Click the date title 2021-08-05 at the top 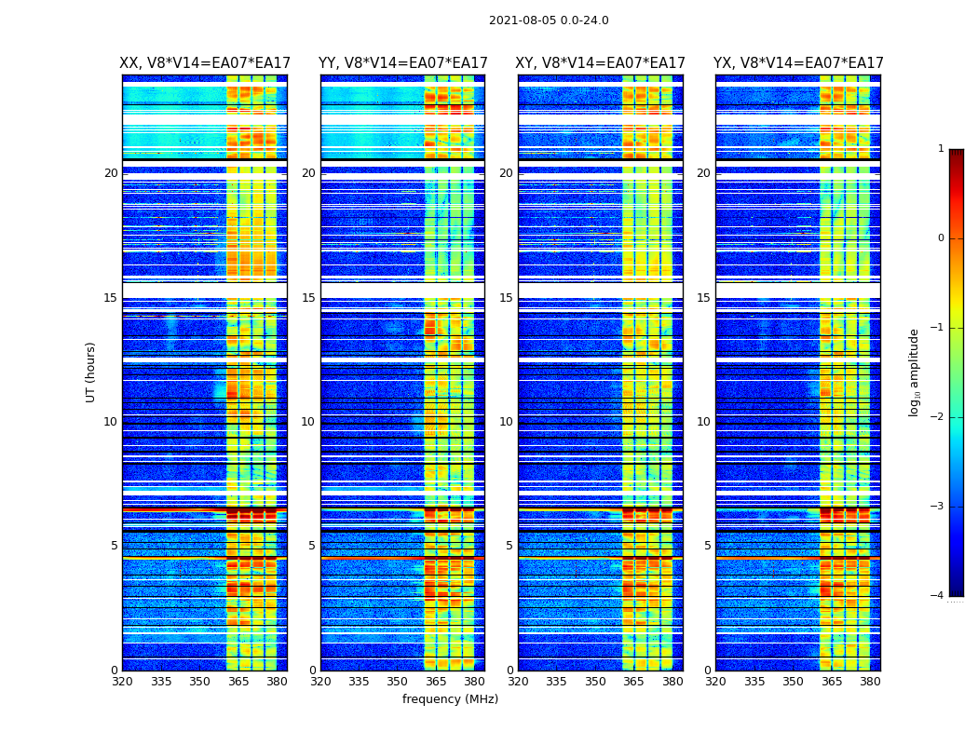tap(549, 20)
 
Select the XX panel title tap(204, 63)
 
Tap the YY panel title tap(402, 63)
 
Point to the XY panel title tap(600, 63)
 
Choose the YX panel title tap(798, 63)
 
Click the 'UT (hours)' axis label tap(90, 372)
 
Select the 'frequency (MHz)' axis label tap(450, 699)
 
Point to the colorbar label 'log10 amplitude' tap(915, 372)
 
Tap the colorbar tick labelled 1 tap(940, 149)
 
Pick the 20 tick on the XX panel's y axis tap(111, 173)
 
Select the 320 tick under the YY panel tap(320, 682)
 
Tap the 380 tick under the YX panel tap(870, 682)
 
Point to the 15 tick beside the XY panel tap(507, 298)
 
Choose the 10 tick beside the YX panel tap(704, 422)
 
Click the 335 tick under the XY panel tap(556, 682)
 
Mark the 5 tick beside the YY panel tap(311, 546)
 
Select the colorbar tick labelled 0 tap(940, 238)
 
